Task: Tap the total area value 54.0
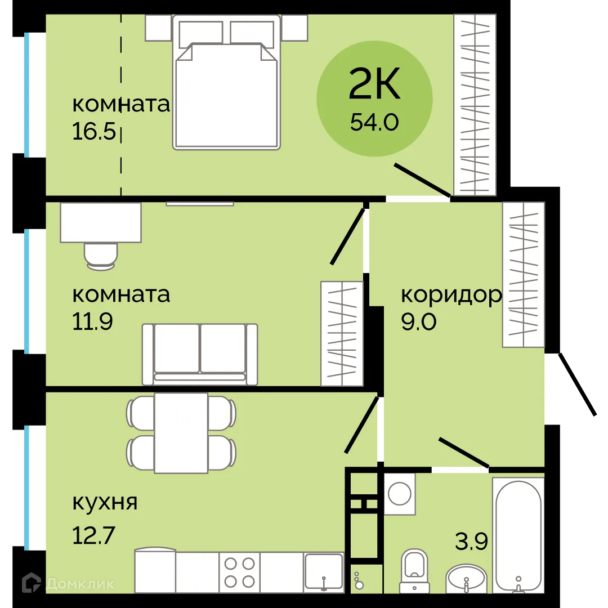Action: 374,122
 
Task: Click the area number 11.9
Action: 93,321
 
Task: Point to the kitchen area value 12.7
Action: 94,535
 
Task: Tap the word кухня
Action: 105,502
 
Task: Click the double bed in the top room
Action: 227,84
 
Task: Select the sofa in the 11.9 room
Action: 200,354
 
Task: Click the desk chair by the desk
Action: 101,254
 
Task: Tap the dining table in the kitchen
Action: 181,433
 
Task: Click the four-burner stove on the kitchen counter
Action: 239,572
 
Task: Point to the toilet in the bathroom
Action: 414,570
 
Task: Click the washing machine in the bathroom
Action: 400,494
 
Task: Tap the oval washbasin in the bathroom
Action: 466,579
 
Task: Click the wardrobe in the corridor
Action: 524,274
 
